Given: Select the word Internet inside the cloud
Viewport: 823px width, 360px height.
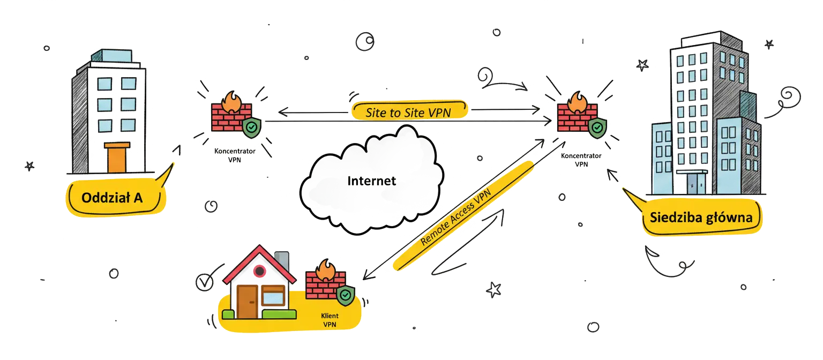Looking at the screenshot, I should [x=371, y=181].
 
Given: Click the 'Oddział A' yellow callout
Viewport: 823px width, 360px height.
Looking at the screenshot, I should [x=112, y=198].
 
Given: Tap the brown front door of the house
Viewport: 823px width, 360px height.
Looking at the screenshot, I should [x=248, y=302].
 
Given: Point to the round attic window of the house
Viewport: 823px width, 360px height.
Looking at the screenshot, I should [x=259, y=272].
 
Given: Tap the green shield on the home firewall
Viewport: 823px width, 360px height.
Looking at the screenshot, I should [x=346, y=295].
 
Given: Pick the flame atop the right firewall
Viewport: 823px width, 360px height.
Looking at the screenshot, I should [x=577, y=100].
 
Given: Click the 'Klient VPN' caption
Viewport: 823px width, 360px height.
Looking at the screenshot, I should [x=330, y=320].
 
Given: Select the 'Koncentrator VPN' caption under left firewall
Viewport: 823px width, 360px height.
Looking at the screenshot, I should [x=235, y=155].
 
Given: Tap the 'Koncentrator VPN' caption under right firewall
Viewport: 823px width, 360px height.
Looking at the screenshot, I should [x=581, y=160].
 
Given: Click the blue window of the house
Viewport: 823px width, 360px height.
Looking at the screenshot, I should [x=273, y=295].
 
